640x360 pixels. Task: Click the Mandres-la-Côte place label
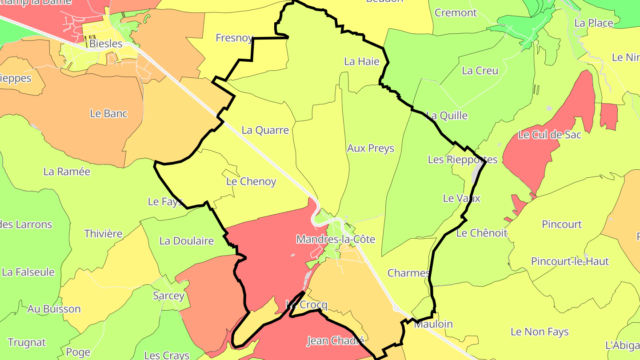[336, 240]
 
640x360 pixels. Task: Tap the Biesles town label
[106, 44]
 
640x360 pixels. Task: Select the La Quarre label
[265, 130]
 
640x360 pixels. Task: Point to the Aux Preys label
[370, 148]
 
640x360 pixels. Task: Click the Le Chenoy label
[251, 181]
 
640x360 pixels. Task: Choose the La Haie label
[362, 61]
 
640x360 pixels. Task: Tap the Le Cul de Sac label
[549, 134]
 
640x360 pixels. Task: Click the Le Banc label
[108, 113]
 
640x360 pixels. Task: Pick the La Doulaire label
[186, 241]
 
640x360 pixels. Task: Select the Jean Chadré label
[336, 341]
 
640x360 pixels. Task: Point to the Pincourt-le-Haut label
[570, 261]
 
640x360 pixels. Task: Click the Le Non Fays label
[540, 332]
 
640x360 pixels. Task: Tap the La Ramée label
[67, 172]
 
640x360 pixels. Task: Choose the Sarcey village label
[168, 296]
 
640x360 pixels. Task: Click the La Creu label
[480, 71]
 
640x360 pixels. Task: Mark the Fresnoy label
[234, 38]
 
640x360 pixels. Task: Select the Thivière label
[103, 233]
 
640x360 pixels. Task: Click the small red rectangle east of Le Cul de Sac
[608, 116]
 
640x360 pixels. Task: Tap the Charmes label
[408, 273]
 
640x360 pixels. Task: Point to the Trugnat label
[27, 342]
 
